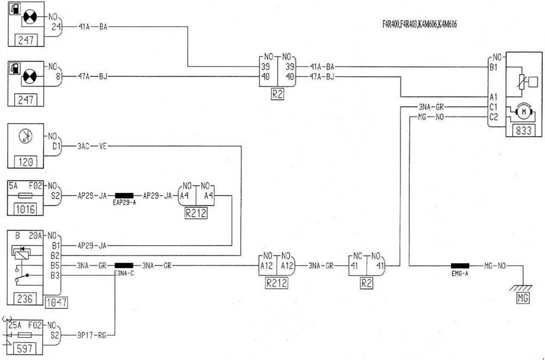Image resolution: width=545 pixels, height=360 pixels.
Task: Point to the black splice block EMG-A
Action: click(x=460, y=266)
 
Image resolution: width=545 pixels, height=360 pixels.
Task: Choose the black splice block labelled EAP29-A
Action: click(x=124, y=196)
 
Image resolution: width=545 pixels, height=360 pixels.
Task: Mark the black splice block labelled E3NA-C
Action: click(x=124, y=266)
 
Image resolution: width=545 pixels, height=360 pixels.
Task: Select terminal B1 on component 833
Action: click(x=494, y=68)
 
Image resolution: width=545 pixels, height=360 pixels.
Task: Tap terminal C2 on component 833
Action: click(x=494, y=116)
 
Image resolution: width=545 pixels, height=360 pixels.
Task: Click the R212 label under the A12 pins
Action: click(x=277, y=283)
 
